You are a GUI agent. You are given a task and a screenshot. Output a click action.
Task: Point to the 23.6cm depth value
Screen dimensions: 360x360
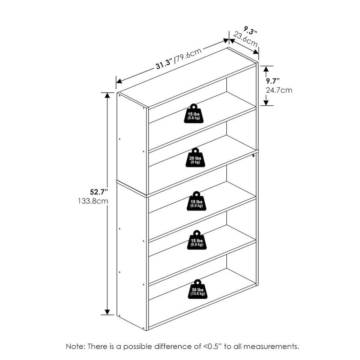click(245, 41)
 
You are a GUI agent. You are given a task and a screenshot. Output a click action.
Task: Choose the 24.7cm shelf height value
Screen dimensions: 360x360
click(279, 90)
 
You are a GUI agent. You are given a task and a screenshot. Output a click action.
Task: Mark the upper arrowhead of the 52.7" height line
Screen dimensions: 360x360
click(107, 96)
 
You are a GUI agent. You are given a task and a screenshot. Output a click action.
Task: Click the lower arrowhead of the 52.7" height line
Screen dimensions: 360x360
click(107, 311)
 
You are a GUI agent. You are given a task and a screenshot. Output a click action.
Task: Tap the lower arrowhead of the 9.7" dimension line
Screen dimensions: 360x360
click(266, 103)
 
